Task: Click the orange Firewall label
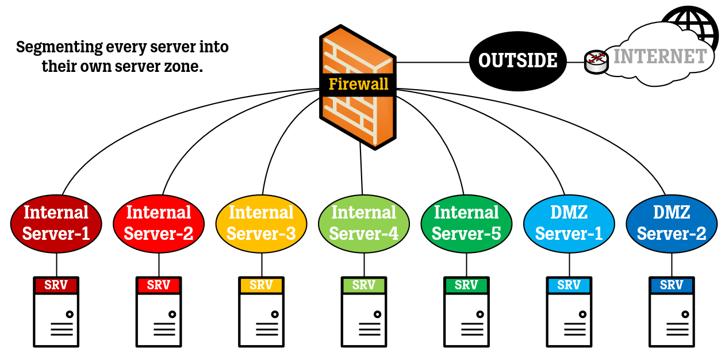[358, 85]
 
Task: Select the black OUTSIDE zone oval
[517, 60]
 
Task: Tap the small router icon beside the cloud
[596, 62]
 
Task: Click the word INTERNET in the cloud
[660, 56]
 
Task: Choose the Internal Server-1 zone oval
[56, 223]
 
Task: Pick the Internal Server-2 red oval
[159, 223]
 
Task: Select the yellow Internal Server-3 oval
[262, 223]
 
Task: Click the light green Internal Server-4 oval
[364, 223]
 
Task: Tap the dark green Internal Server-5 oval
[466, 223]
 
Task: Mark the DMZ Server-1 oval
[569, 223]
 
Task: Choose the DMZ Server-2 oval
[672, 223]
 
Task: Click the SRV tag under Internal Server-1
[56, 285]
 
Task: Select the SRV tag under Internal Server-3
[262, 285]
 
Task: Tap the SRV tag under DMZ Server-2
[672, 285]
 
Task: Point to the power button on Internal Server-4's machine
[377, 315]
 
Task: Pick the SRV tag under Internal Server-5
[466, 285]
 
